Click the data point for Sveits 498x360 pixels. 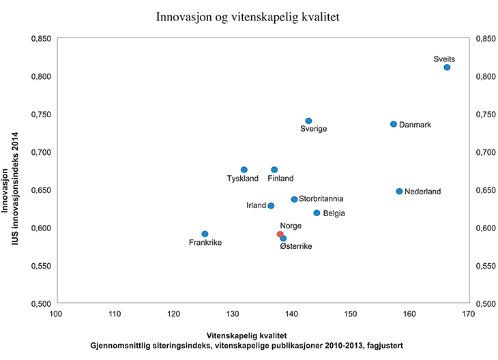(447, 67)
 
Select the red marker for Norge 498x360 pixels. (280, 235)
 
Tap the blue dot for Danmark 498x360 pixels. (394, 124)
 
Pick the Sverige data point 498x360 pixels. (308, 121)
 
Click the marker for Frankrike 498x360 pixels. (205, 234)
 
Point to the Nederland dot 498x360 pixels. (399, 192)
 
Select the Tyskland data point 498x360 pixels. (244, 170)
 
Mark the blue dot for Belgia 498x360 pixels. (317, 213)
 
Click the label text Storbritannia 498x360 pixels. (321, 199)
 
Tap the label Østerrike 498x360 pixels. (296, 246)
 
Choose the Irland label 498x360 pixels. (257, 205)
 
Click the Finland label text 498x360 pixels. (280, 179)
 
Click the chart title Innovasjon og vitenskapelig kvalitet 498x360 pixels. (248, 16)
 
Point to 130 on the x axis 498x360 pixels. (233, 314)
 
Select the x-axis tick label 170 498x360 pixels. (468, 314)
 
